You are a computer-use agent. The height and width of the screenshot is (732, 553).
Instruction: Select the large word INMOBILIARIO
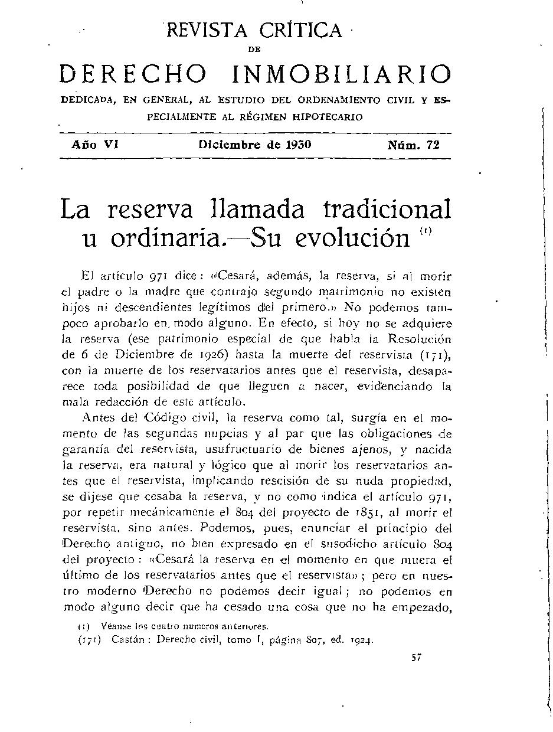coord(341,75)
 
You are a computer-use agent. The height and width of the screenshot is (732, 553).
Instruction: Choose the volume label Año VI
coord(95,144)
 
